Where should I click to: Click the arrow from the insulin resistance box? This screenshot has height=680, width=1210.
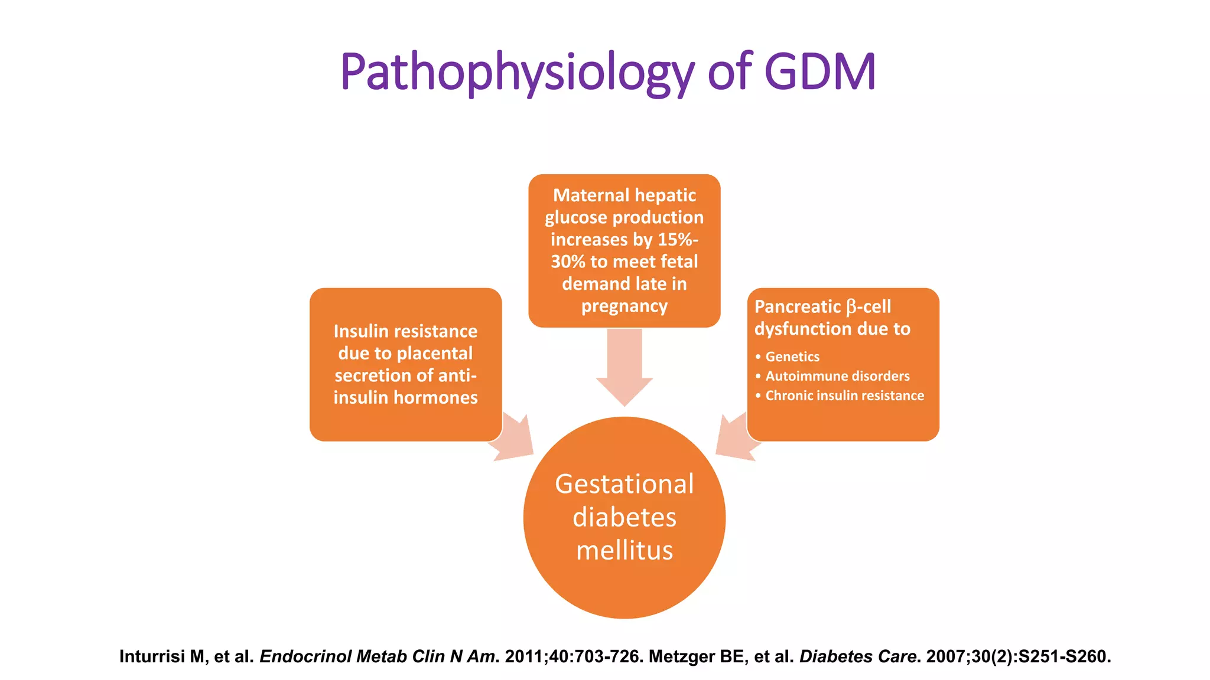(514, 440)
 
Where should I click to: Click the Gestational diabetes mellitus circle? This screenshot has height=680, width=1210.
(624, 518)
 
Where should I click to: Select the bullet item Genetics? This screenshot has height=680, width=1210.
(792, 357)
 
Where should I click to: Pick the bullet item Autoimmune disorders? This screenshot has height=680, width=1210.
(837, 376)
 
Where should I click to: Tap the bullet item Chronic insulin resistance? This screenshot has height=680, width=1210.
(844, 395)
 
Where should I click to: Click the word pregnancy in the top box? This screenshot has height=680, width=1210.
(624, 306)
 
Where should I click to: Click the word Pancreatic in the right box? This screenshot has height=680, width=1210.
(798, 307)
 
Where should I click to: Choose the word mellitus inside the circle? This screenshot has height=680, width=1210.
(624, 551)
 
